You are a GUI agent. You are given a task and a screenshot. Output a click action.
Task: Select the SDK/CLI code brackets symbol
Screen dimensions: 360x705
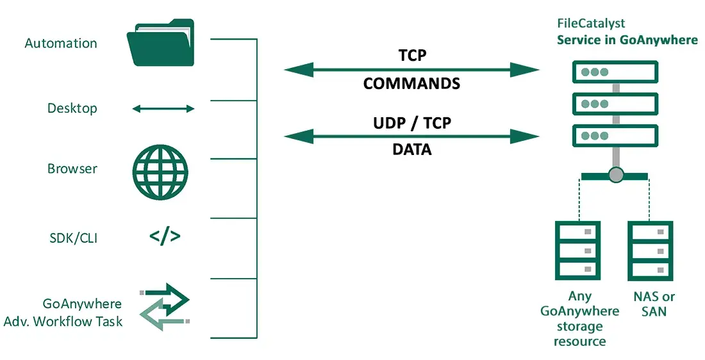tap(165, 237)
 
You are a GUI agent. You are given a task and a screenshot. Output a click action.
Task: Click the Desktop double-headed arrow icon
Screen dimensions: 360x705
tap(163, 109)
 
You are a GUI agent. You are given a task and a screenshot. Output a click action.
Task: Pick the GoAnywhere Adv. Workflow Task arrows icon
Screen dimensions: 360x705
tap(165, 306)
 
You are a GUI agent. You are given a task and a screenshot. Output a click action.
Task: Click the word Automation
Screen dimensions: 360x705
tap(61, 44)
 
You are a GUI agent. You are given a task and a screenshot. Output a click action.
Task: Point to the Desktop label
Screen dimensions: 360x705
tap(72, 108)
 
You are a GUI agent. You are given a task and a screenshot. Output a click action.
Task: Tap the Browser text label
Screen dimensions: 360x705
tap(72, 169)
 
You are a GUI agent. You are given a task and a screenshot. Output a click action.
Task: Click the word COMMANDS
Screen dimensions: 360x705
tap(411, 83)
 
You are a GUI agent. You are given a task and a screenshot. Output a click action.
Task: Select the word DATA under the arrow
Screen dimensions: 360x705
tap(411, 150)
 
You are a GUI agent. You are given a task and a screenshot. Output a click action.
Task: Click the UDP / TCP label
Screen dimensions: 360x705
tap(411, 122)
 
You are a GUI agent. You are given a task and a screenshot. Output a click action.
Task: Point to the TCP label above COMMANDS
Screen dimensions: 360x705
tap(411, 56)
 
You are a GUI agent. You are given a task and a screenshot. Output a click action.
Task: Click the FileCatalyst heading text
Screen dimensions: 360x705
tap(591, 24)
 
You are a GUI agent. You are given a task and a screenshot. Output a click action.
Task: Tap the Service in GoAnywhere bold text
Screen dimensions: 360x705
tap(627, 40)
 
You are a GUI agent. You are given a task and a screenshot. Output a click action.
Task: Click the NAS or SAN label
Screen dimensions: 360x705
tap(654, 304)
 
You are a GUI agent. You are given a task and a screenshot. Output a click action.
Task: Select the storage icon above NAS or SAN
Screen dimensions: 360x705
tap(650, 249)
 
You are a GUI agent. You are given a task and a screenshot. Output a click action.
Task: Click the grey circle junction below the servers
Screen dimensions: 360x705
tap(615, 174)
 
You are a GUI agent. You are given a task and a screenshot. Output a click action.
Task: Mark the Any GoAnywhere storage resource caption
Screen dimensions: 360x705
tap(579, 318)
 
